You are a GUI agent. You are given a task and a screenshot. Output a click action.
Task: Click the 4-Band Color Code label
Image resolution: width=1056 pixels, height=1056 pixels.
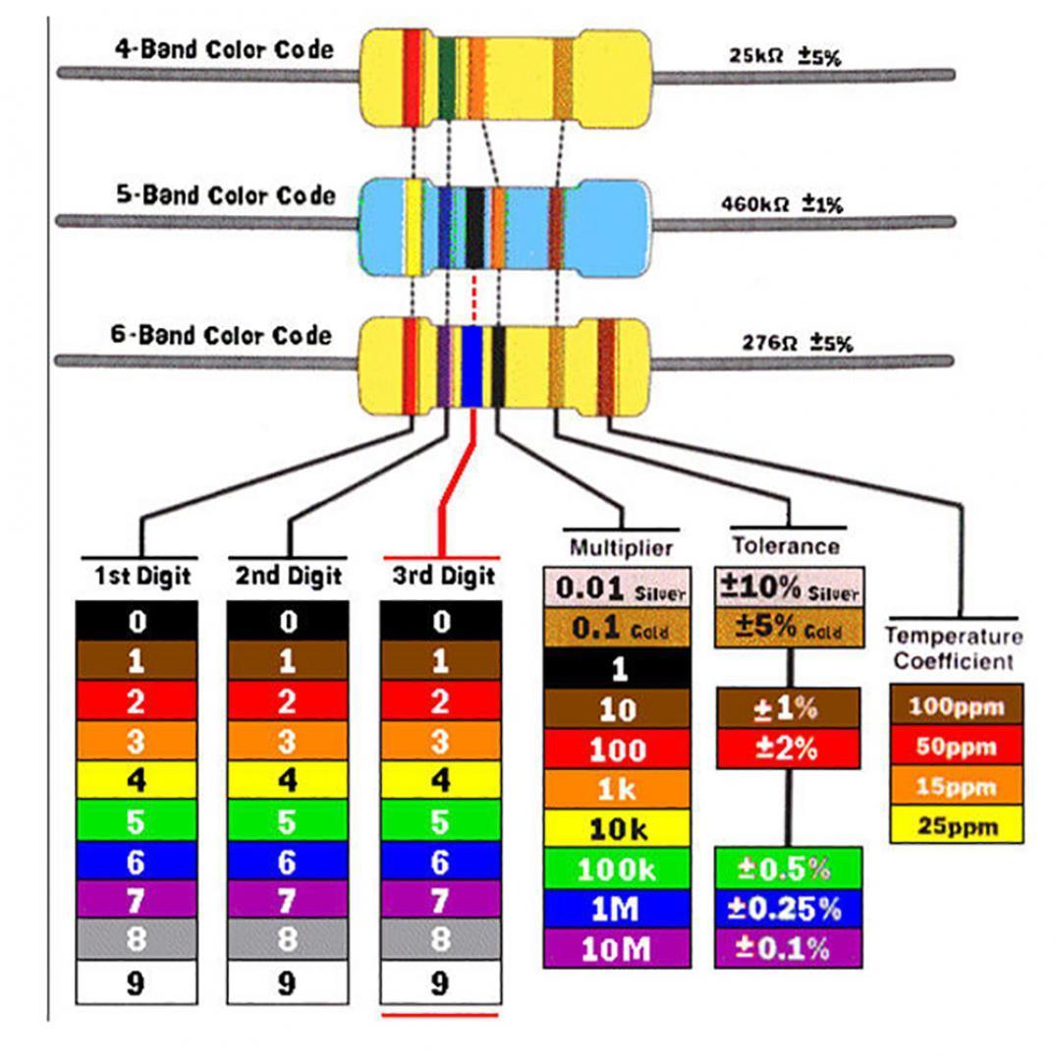tap(225, 50)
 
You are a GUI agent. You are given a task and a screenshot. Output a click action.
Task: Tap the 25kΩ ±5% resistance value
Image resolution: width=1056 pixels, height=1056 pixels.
tap(785, 57)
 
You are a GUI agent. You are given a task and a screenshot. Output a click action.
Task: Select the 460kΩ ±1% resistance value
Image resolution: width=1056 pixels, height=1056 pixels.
tap(782, 205)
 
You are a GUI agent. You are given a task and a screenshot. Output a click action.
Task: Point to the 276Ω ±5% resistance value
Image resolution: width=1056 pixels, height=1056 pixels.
tap(797, 344)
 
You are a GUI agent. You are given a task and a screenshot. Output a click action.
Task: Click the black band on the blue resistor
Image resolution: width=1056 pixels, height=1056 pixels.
tap(475, 228)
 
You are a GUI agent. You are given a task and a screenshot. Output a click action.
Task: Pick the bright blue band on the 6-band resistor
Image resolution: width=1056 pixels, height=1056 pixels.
tap(472, 365)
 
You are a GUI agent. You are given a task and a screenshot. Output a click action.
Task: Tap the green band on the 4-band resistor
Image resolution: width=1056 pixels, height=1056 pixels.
tap(447, 79)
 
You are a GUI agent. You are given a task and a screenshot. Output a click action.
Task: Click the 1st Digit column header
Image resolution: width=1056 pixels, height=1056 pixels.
tap(142, 576)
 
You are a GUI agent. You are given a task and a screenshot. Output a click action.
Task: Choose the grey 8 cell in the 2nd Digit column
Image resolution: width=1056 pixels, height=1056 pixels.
tap(288, 939)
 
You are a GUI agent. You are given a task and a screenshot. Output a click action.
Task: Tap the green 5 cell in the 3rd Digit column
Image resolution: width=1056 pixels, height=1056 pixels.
tap(440, 820)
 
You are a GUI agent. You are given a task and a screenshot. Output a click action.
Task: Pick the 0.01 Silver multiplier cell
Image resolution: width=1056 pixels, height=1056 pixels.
tap(618, 588)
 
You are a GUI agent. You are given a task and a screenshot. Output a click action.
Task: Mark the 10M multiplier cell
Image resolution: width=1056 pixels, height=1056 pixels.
tap(618, 949)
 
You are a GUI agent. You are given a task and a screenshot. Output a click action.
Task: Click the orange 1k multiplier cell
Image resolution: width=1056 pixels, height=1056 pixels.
tap(618, 789)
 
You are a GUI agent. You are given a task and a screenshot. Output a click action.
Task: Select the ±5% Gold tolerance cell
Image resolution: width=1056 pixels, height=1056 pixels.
tap(789, 628)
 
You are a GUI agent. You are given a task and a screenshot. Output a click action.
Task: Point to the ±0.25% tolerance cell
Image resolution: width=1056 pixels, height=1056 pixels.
tap(788, 909)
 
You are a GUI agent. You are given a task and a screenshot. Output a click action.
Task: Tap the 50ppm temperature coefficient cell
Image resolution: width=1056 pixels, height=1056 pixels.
tap(957, 747)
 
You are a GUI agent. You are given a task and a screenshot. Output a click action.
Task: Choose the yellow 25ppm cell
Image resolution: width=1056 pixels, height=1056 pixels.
tap(957, 826)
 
